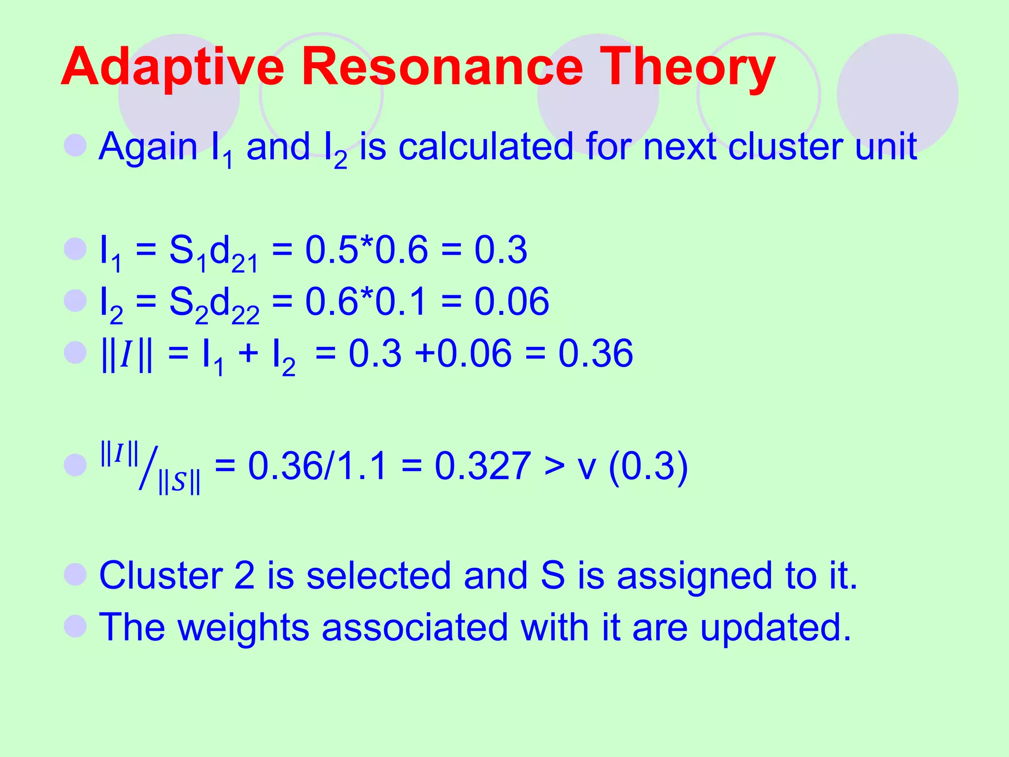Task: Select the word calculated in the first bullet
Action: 485,147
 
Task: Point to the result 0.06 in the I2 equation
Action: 511,302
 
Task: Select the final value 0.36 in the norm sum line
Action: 595,353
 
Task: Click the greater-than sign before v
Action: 554,467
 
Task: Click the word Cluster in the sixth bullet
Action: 161,575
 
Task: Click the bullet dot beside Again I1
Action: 75,145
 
